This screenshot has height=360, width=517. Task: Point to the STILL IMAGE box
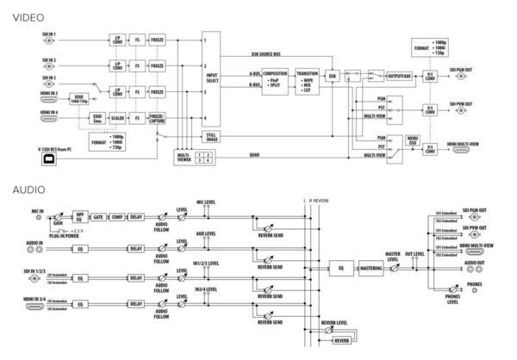click(x=210, y=136)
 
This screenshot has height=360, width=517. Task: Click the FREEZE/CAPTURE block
click(x=158, y=119)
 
